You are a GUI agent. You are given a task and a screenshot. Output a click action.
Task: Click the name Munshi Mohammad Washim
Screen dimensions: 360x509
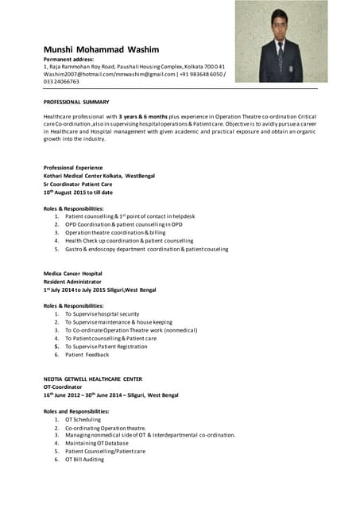click(101, 49)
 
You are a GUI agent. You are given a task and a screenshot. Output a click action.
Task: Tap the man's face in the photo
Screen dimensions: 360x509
click(278, 23)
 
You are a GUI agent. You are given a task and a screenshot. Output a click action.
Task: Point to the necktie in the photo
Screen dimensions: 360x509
click(280, 57)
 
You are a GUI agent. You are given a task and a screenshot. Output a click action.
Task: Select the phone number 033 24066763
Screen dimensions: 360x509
click(61, 81)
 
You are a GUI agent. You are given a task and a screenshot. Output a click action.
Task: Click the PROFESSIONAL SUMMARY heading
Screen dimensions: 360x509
click(76, 103)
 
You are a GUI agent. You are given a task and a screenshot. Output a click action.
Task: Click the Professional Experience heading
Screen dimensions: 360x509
click(73, 168)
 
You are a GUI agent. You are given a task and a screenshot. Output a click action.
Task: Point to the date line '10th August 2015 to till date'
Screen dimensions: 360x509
click(78, 192)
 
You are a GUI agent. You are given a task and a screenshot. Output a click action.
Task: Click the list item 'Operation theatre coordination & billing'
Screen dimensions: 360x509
click(115, 232)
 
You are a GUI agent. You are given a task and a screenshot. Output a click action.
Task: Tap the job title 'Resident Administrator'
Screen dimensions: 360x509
click(72, 282)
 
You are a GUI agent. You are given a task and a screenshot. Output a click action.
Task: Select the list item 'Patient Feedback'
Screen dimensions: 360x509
click(87, 355)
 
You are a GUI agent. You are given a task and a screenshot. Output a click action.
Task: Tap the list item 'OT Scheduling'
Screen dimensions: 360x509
click(83, 419)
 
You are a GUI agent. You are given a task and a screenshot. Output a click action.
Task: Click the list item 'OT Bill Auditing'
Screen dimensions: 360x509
click(84, 459)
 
